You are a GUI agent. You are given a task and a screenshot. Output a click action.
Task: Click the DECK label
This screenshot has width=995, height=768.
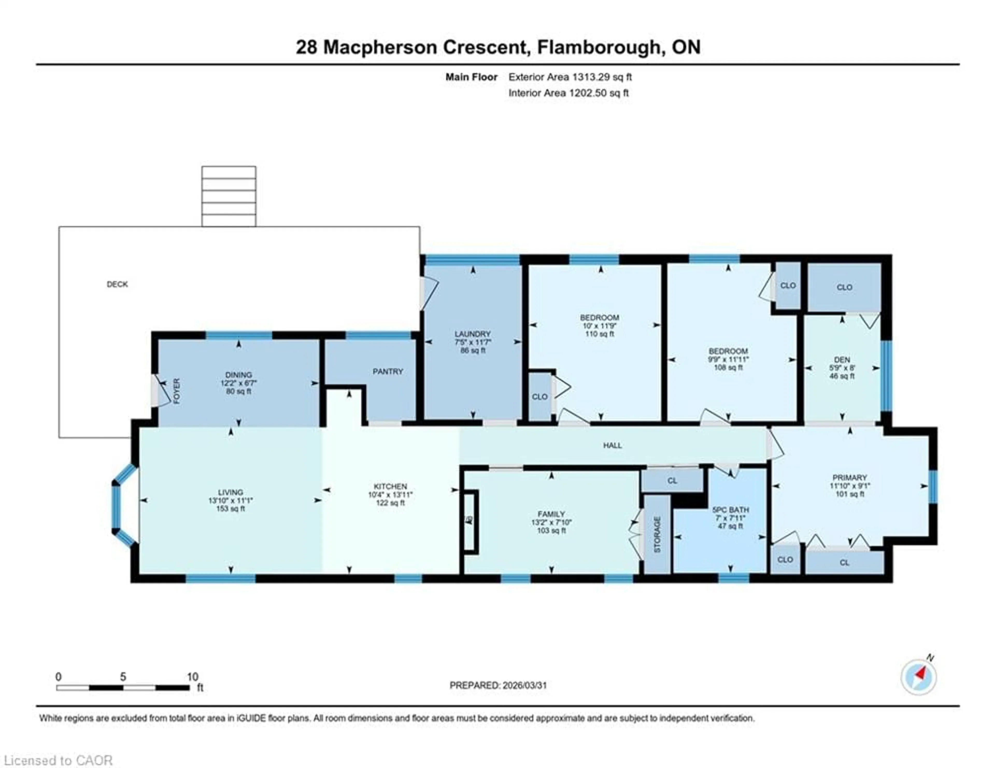tap(117, 284)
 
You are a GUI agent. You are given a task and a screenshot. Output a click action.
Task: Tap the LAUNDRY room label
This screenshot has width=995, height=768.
tap(472, 334)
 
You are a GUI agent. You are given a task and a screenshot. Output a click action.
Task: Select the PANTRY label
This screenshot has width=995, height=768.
tap(388, 372)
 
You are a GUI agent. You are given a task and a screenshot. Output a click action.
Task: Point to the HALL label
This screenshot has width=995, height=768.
tap(612, 445)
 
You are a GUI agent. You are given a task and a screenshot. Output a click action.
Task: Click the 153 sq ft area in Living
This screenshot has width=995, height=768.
tap(231, 508)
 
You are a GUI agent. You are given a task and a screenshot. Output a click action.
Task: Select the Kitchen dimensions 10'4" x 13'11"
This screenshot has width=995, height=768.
tap(390, 495)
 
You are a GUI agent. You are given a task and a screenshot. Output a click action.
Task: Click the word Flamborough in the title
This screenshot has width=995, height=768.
tap(599, 47)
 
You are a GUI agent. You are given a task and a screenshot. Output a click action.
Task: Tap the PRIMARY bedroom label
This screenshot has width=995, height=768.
tap(849, 477)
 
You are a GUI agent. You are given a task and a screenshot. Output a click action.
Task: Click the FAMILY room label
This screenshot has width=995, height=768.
tap(551, 514)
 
